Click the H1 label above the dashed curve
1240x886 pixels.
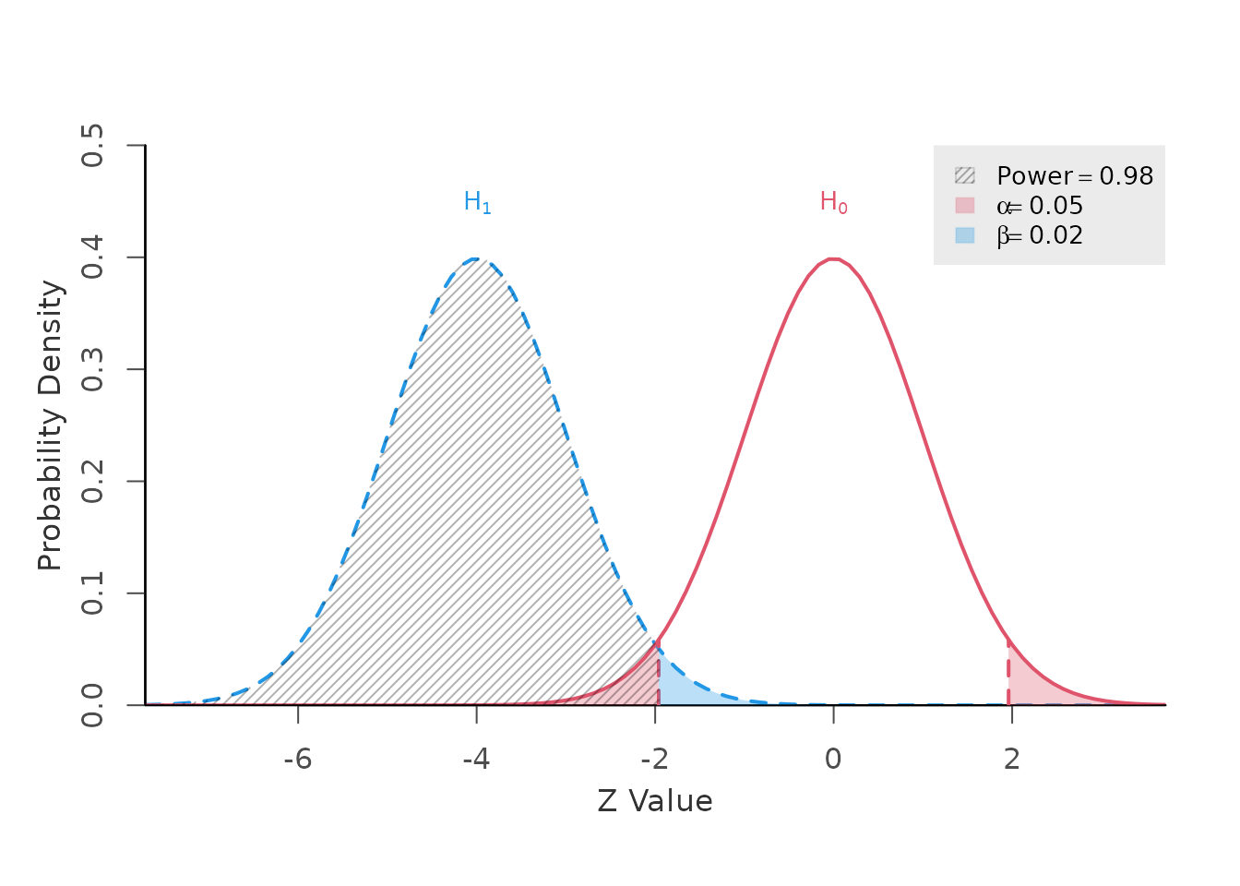(x=477, y=203)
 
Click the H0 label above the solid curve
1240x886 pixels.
(x=833, y=203)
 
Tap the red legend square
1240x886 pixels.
(x=964, y=205)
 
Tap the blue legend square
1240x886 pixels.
(x=964, y=234)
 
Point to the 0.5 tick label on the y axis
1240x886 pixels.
(x=92, y=146)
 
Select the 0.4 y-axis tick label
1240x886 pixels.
(x=92, y=257)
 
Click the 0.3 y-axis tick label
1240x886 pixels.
(x=92, y=369)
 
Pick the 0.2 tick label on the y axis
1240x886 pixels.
(x=92, y=481)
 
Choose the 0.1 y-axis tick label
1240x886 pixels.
(x=92, y=593)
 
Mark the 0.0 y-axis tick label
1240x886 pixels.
(x=92, y=704)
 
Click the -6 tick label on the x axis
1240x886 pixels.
(x=298, y=760)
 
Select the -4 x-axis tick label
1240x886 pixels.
(x=476, y=760)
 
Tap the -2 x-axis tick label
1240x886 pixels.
(x=655, y=760)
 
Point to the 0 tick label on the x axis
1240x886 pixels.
(x=833, y=760)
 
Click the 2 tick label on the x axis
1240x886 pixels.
(x=1012, y=760)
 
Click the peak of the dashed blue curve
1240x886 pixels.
(x=476, y=258)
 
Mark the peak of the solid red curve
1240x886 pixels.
(x=833, y=258)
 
